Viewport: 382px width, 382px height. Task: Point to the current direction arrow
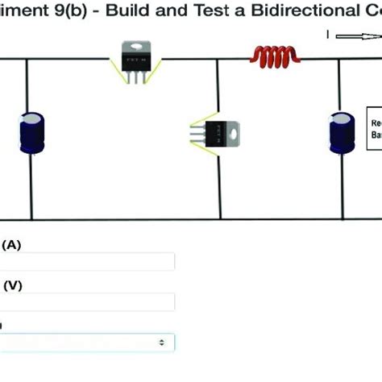click(x=354, y=35)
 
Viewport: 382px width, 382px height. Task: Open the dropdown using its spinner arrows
click(x=163, y=343)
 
